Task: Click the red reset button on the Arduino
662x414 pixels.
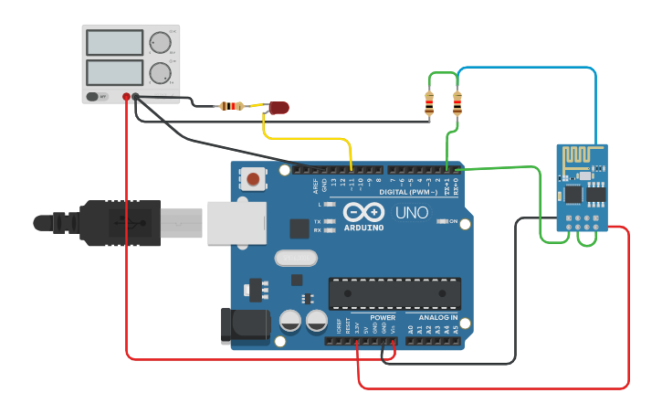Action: [x=252, y=179]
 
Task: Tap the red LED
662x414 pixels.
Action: [x=278, y=108]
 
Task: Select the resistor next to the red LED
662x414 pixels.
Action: [x=232, y=106]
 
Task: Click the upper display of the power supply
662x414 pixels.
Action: [x=114, y=43]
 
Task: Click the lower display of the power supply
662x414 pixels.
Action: [x=114, y=72]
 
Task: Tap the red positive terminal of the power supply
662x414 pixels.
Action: [x=126, y=97]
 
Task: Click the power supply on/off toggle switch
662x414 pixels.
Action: [x=93, y=96]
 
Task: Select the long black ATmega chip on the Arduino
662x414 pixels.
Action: [x=394, y=293]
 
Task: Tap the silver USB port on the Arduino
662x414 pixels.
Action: [x=236, y=222]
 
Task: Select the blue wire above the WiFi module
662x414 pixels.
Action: [x=530, y=68]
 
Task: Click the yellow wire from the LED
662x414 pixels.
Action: [x=310, y=139]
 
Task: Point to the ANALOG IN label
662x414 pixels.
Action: [x=437, y=317]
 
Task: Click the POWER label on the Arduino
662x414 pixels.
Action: [x=383, y=317]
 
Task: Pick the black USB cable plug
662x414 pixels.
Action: [x=119, y=222]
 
